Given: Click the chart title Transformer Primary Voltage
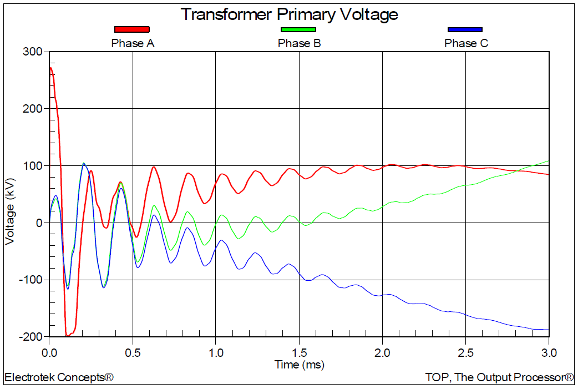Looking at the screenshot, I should pyautogui.click(x=289, y=14).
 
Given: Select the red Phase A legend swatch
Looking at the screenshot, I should pyautogui.click(x=132, y=29).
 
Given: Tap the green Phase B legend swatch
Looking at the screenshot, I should pyautogui.click(x=298, y=29).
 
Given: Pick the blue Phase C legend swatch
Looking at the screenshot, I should pyautogui.click(x=465, y=29).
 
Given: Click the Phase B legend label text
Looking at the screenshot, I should pyautogui.click(x=299, y=43).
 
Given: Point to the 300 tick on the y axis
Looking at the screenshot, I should pyautogui.click(x=33, y=52).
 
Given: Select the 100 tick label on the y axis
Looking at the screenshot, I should pyautogui.click(x=33, y=166).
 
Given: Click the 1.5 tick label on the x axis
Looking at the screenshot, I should pyautogui.click(x=299, y=352).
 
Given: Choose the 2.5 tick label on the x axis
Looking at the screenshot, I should pyautogui.click(x=465, y=352).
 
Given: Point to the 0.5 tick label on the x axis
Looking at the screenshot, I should pyautogui.click(x=133, y=352).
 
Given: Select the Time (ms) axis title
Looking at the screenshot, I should pyautogui.click(x=299, y=365).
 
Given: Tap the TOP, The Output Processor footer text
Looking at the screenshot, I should pyautogui.click(x=499, y=378).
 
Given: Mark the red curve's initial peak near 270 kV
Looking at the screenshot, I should pyautogui.click(x=51, y=68).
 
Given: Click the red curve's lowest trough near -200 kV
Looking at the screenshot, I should pyautogui.click(x=67, y=336).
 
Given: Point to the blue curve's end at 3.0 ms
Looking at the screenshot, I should pyautogui.click(x=548, y=330).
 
